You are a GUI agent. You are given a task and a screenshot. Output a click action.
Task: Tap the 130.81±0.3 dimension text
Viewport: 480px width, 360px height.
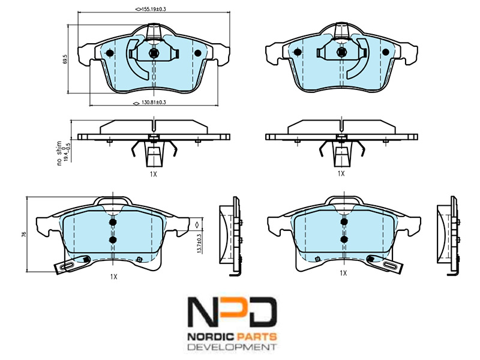[153, 103]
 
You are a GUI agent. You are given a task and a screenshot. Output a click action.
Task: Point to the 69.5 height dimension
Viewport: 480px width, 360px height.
[65, 59]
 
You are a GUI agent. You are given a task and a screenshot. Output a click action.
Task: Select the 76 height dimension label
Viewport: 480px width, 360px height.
[24, 235]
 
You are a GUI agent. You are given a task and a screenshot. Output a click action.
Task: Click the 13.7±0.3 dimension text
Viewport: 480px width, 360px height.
[199, 244]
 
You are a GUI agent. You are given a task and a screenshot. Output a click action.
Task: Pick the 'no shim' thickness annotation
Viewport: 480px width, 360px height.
[59, 154]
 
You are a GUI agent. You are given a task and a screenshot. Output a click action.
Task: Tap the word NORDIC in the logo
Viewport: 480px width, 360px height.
[210, 337]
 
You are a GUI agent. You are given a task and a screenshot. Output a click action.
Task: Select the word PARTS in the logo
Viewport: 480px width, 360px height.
[256, 337]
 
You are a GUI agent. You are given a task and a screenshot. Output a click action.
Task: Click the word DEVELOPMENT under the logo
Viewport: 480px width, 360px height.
[231, 347]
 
